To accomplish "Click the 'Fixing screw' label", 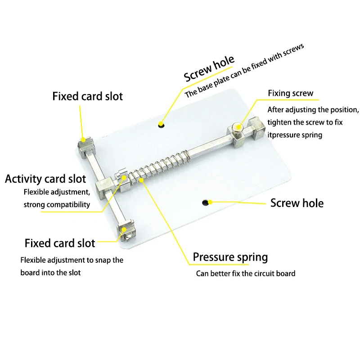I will (290, 94).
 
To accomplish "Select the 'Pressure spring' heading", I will (230, 257).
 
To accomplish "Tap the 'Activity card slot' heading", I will (45, 179).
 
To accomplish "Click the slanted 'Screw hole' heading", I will (209, 68).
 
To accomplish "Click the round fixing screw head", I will (238, 128).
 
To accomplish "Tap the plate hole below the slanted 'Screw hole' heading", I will (161, 124).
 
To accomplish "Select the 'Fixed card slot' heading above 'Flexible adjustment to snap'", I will (60, 243).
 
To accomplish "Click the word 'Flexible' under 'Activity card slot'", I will (36, 193).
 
